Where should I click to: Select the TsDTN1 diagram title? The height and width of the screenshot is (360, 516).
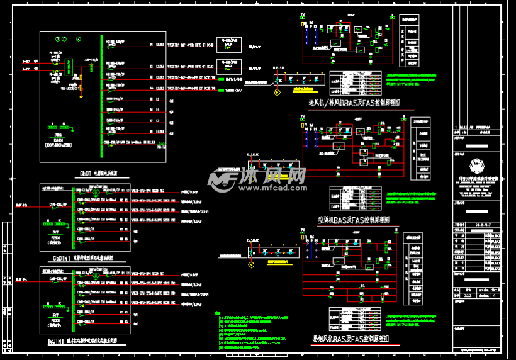[x=82, y=340]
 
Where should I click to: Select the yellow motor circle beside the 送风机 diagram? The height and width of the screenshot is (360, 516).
[x=276, y=93]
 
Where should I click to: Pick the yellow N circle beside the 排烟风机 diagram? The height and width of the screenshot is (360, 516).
[x=251, y=265]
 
